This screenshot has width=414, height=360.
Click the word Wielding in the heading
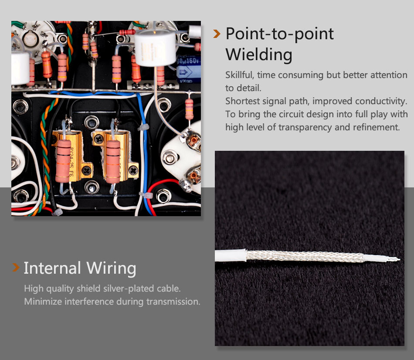[259, 55]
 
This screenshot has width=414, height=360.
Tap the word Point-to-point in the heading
[280, 34]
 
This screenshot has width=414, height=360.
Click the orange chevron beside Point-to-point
[217, 34]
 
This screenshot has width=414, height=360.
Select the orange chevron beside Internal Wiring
[16, 267]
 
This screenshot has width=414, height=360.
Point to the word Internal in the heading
[52, 268]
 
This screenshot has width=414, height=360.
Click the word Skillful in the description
[240, 75]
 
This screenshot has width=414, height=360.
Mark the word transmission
[173, 302]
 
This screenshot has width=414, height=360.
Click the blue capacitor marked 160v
[188, 69]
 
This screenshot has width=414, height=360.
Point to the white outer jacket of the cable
[231, 255]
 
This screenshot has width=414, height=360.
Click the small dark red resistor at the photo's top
[127, 32]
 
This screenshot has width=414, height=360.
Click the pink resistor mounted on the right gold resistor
[113, 162]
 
